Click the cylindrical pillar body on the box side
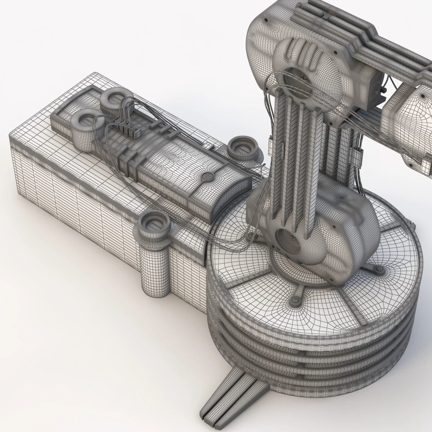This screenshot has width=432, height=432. (153, 266)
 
